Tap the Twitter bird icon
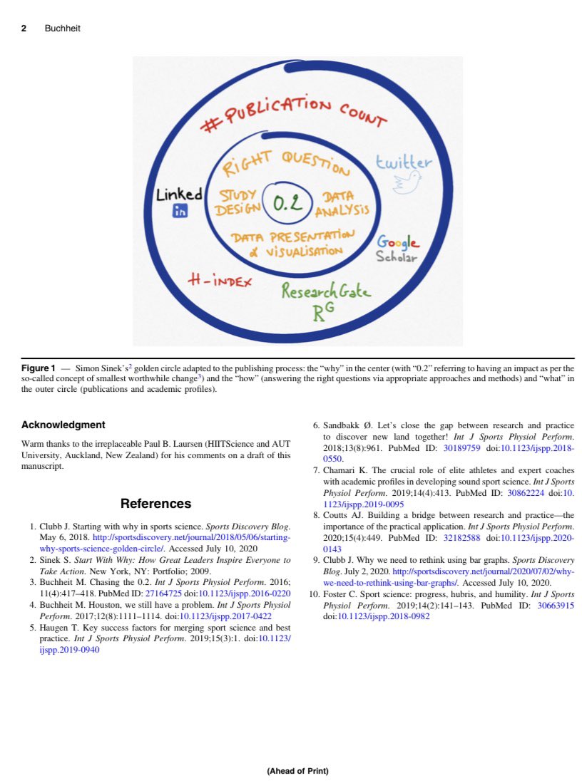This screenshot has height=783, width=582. [x=407, y=184]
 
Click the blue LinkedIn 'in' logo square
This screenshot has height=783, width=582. [x=179, y=211]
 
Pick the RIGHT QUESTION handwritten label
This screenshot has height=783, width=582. [x=287, y=165]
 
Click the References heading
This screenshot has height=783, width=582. [x=156, y=504]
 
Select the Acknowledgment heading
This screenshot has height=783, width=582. [x=63, y=425]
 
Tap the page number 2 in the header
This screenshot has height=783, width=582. [x=24, y=29]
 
